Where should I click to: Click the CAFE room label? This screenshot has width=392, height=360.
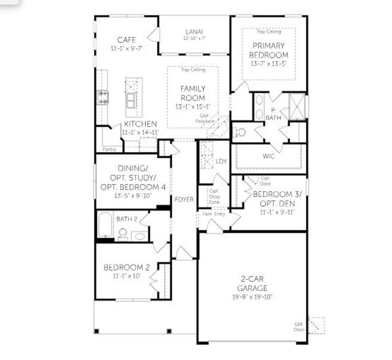[126, 40]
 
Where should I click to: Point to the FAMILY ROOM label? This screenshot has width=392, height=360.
[192, 93]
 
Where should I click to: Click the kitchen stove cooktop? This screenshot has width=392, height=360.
[102, 97]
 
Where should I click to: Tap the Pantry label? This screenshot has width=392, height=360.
[109, 149]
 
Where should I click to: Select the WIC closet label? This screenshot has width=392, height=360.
[269, 156]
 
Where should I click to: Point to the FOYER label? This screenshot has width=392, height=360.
[184, 199]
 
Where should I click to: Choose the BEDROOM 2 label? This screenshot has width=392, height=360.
[126, 267]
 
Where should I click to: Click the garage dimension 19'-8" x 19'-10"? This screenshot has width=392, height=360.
[252, 296]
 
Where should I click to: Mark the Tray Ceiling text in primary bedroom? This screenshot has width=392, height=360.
[269, 31]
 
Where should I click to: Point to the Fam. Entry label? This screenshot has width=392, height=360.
[214, 214]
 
